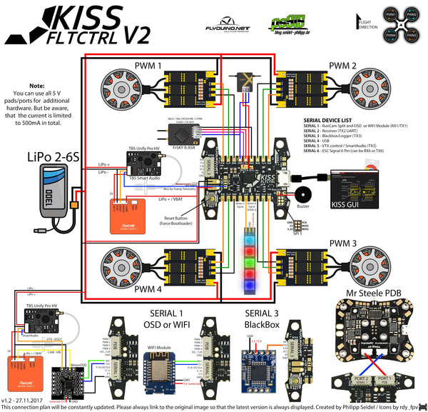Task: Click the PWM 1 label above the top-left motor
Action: [x=148, y=66]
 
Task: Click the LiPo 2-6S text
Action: [x=53, y=156]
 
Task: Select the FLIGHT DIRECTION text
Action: [x=367, y=24]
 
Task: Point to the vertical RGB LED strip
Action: [x=250, y=261]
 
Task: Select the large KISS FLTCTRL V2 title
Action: [x=98, y=25]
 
